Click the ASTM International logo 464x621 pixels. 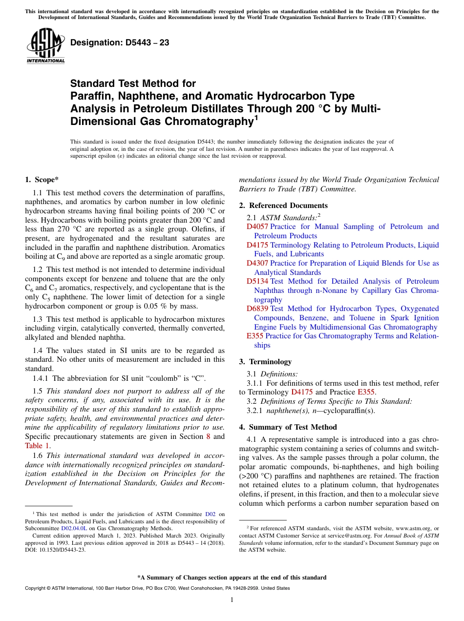[45, 46]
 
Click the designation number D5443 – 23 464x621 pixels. [120, 43]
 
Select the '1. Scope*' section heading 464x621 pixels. [42, 180]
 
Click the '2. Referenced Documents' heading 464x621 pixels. [283, 206]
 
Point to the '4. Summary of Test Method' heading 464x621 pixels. [288, 427]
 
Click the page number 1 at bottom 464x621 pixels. [232, 600]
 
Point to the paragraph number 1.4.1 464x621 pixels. [41, 378]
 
